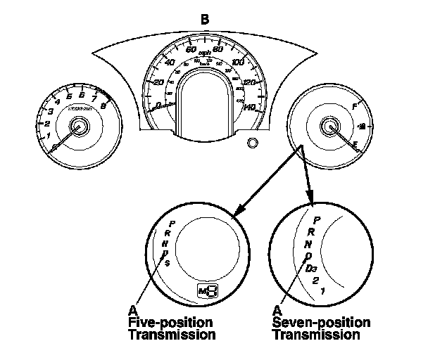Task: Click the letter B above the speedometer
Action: pos(205,19)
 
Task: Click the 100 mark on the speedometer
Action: pos(238,63)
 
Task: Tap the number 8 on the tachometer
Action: pos(104,106)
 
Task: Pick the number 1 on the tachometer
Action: pos(48,135)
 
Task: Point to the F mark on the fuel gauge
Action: pos(354,105)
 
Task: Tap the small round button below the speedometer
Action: pos(252,143)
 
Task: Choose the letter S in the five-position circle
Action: pos(168,264)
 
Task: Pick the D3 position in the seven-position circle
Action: pos(312,268)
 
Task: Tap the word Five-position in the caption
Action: pos(172,322)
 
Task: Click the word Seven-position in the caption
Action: pos(321,322)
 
